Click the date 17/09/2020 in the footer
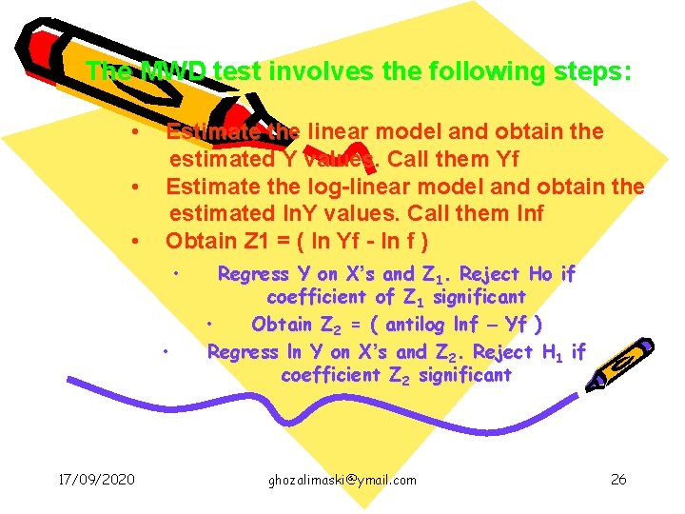[x=94, y=479]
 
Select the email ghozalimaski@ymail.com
[x=342, y=480]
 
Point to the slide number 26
[x=618, y=479]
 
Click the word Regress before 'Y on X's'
[x=253, y=274]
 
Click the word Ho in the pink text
[x=540, y=274]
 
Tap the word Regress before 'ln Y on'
[x=243, y=352]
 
